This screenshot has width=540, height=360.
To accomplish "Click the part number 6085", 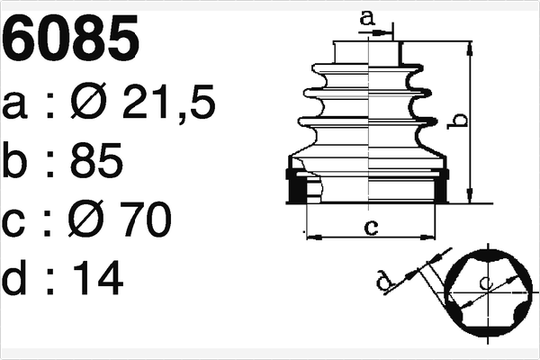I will [73, 40].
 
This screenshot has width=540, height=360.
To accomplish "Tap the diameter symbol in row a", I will [87, 106].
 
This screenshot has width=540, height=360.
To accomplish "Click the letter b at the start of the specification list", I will [19, 163].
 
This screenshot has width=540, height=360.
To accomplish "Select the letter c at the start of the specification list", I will [19, 221].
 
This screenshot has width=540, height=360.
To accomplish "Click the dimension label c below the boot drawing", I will [370, 226].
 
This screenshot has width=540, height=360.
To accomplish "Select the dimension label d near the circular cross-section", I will [385, 284].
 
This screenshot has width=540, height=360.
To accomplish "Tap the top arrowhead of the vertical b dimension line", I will [469, 47].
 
